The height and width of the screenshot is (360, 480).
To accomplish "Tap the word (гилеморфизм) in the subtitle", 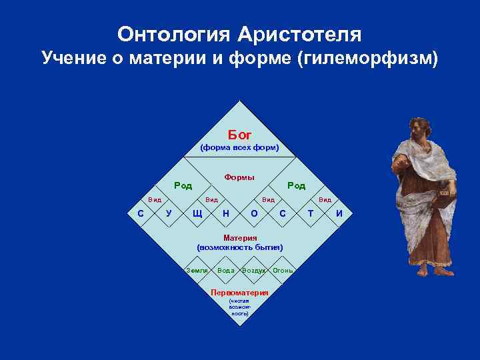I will (x=370, y=59).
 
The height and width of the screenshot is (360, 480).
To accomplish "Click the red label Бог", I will (x=240, y=135).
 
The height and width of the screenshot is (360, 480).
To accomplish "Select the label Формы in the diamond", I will (x=239, y=177).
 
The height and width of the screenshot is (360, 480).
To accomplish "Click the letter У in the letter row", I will (x=168, y=213).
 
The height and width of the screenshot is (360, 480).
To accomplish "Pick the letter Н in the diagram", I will (x=226, y=213).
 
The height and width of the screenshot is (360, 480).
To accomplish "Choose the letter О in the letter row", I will (x=254, y=213).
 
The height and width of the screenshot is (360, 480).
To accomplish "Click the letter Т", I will (x=311, y=213).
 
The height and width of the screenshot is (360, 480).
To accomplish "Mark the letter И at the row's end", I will (x=339, y=213).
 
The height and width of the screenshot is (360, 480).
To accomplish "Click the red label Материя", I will (x=240, y=238).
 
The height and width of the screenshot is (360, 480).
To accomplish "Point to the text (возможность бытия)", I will (x=240, y=247).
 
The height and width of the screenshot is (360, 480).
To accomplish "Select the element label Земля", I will (x=199, y=270).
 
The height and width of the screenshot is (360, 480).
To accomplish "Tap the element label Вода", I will (x=226, y=270).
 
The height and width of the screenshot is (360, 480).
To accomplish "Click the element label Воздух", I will (x=254, y=270).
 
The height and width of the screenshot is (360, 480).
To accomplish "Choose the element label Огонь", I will (x=283, y=270).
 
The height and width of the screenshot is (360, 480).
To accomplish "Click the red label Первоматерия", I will (x=239, y=293).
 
